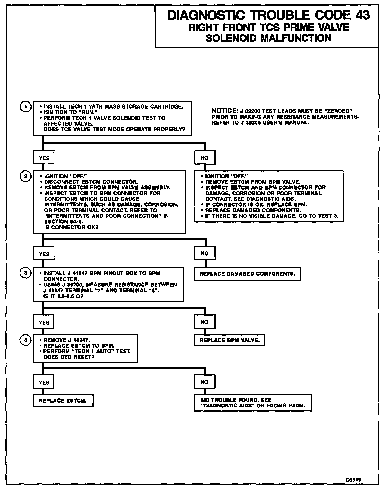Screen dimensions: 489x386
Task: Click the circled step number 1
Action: [x=25, y=106]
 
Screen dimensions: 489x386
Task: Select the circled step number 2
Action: [x=25, y=176]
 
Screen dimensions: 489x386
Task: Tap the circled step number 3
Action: [x=25, y=273]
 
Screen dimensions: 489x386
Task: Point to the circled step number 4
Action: [x=25, y=340]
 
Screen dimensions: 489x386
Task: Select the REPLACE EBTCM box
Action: [x=63, y=401]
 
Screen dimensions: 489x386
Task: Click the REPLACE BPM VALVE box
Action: [x=229, y=340]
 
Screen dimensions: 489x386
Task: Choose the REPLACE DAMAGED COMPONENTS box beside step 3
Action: [x=248, y=274]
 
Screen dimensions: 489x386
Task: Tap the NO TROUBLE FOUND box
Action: [x=253, y=403]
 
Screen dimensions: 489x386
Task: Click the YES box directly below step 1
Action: [x=44, y=158]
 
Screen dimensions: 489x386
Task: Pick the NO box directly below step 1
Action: [x=205, y=158]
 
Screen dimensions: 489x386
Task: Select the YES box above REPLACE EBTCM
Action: [x=44, y=382]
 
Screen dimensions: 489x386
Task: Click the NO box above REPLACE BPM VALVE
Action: [x=205, y=322]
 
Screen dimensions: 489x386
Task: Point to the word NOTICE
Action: [x=224, y=111]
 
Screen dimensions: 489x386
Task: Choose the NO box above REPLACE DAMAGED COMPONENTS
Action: [x=205, y=254]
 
